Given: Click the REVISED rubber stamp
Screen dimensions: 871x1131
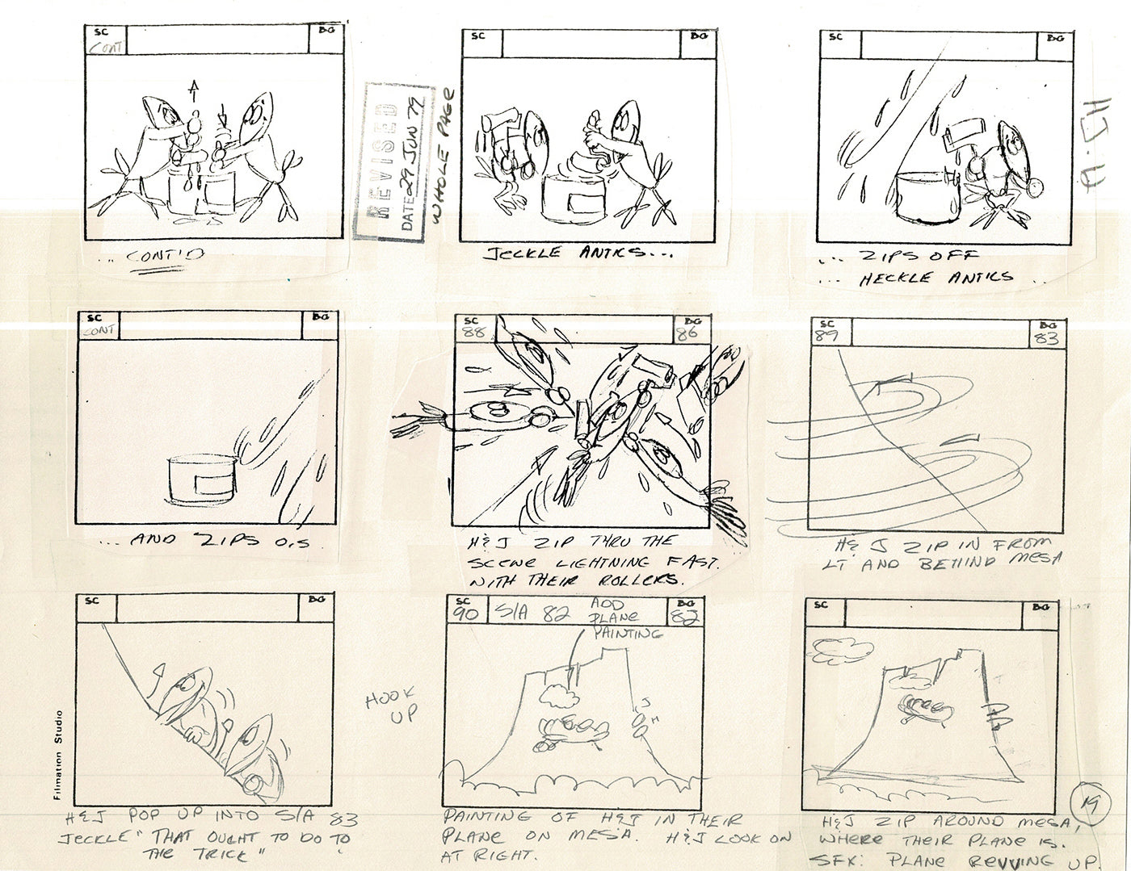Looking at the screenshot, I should pos(382,160).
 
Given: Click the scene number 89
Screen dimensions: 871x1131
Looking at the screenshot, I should pos(826,333).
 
